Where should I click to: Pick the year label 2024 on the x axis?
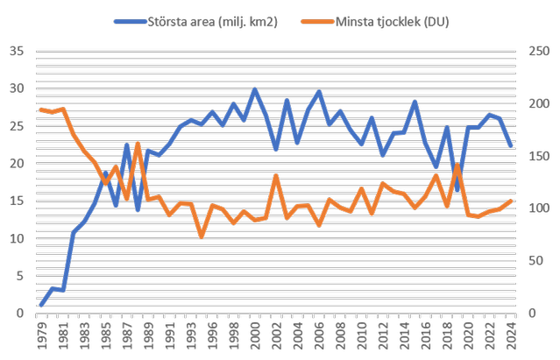(x=512, y=335)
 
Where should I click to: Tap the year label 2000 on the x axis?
(x=255, y=335)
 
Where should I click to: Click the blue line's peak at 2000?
(x=255, y=90)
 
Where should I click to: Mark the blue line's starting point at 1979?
(x=41, y=305)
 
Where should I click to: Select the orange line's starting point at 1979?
(x=41, y=109)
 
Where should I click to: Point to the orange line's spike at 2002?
(x=276, y=175)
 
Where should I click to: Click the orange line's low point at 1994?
(x=202, y=236)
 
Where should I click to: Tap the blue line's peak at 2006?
(x=319, y=92)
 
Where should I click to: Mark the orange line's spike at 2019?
(x=457, y=165)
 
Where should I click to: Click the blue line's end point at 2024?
(x=511, y=146)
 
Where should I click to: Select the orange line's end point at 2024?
(x=511, y=201)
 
